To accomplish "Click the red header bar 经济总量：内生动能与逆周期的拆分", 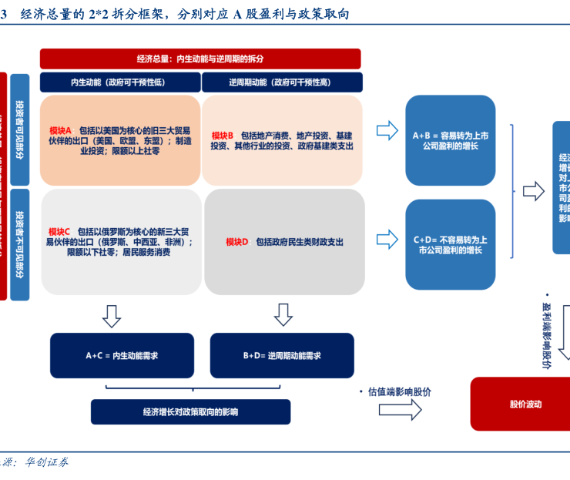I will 200,59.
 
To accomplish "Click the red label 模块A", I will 60,130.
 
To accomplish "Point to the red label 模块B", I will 223,135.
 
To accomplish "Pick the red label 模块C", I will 59,231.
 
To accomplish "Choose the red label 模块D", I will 237,242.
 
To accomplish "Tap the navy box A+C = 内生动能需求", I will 122,355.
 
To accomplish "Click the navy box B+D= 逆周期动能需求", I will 281,355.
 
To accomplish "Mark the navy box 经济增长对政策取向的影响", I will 190,412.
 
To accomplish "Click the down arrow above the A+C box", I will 112,314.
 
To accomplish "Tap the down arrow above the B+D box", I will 283,314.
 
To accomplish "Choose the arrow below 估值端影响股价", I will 400,410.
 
